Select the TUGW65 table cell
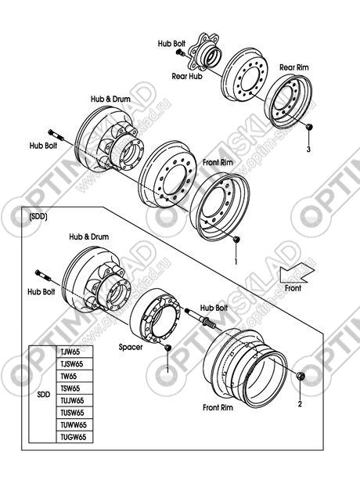[x=74, y=437]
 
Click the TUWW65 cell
[x=74, y=424]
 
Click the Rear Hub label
[x=187, y=76]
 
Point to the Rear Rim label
[x=294, y=67]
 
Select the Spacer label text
[x=131, y=347]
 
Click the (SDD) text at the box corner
[x=38, y=217]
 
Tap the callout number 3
[x=308, y=150]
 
